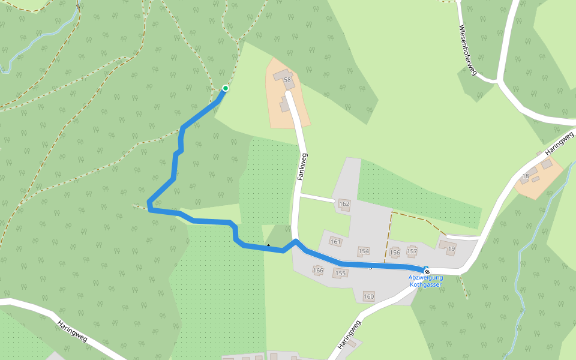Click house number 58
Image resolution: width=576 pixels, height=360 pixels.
pyautogui.click(x=287, y=80)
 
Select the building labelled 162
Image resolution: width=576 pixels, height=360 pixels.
pyautogui.click(x=344, y=204)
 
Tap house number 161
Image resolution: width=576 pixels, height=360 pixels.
pyautogui.click(x=335, y=242)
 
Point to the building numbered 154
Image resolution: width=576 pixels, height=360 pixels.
pyautogui.click(x=364, y=251)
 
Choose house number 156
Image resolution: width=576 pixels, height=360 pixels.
pyautogui.click(x=394, y=252)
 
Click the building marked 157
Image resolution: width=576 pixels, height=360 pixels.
pyautogui.click(x=412, y=251)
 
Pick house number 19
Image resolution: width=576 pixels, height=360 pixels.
pyautogui.click(x=451, y=248)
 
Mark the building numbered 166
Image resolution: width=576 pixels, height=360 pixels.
pyautogui.click(x=318, y=271)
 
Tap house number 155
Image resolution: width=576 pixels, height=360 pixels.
pyautogui.click(x=341, y=273)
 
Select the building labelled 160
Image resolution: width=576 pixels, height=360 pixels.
pyautogui.click(x=368, y=296)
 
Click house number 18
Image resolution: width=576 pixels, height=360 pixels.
pyautogui.click(x=526, y=176)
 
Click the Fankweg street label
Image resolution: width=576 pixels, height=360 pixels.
pyautogui.click(x=302, y=167)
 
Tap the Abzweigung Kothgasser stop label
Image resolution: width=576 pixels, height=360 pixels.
pyautogui.click(x=425, y=281)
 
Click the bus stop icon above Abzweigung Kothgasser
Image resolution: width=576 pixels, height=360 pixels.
pyautogui.click(x=427, y=271)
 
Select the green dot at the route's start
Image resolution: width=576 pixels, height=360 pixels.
pyautogui.click(x=226, y=88)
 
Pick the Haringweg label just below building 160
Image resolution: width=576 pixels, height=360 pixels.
pyautogui.click(x=349, y=334)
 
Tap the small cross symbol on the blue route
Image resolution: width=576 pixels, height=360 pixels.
pyautogui.click(x=268, y=245)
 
